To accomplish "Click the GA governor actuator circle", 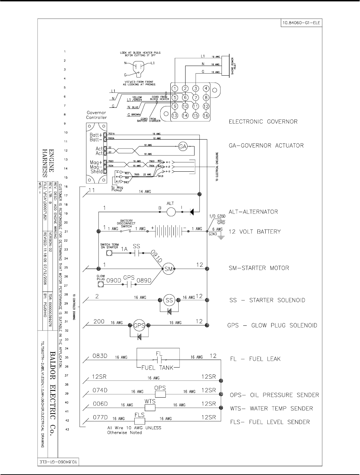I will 182,146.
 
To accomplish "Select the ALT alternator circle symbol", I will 171,211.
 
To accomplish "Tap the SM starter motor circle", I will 168,269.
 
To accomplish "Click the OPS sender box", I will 160,394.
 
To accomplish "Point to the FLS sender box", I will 139,421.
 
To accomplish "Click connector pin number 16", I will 206,115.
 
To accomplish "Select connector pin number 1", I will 175,88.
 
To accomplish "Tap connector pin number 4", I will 206,88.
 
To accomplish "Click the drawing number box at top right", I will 300,23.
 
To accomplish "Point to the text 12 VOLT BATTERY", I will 255,232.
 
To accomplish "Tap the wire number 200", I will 99,321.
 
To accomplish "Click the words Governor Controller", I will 97,115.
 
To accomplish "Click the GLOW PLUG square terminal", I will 101,284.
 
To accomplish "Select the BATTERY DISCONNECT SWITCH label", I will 126,224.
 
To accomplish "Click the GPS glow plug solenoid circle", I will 139,325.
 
